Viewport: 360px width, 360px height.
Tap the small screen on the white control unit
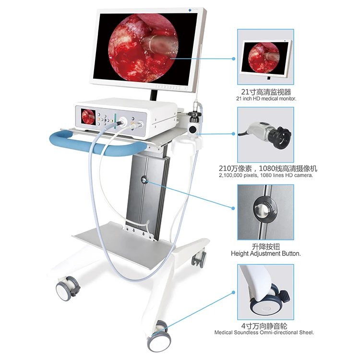point(88,116)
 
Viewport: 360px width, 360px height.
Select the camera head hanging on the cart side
point(194,124)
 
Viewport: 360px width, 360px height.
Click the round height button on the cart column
point(144,180)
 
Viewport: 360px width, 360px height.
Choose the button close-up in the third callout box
point(265,211)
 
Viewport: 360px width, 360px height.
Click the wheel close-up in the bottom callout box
point(265,290)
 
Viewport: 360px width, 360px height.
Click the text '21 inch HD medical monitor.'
point(266,98)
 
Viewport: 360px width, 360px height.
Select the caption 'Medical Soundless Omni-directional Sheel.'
point(266,332)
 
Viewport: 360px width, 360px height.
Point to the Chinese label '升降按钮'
point(265,246)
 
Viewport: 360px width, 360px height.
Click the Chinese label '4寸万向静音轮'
point(265,325)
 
